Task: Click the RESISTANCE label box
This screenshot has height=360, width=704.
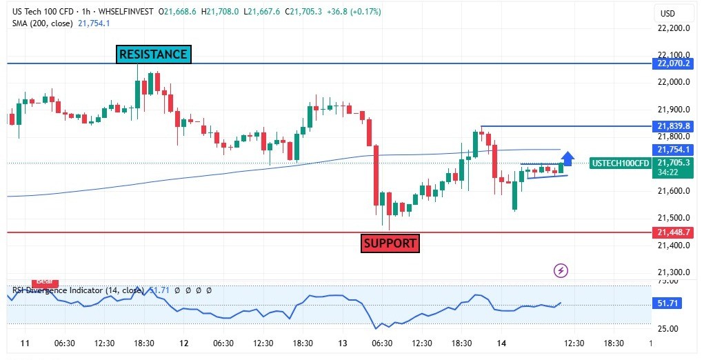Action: pyautogui.click(x=153, y=54)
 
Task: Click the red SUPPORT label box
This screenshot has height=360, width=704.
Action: pyautogui.click(x=390, y=243)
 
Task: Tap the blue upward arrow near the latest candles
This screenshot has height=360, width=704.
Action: pyautogui.click(x=568, y=159)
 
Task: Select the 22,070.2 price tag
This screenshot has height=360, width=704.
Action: pyautogui.click(x=674, y=63)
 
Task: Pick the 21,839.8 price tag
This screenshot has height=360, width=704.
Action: pyautogui.click(x=674, y=126)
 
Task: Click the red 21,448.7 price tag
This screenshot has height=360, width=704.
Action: pyautogui.click(x=674, y=233)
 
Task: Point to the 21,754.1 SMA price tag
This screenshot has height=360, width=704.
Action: pyautogui.click(x=674, y=150)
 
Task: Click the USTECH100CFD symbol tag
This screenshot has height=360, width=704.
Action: pyautogui.click(x=620, y=163)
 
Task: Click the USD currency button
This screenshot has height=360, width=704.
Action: pyautogui.click(x=667, y=14)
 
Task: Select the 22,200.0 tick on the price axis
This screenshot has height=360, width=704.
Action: pyautogui.click(x=674, y=28)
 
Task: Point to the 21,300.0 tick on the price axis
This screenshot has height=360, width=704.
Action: pyautogui.click(x=674, y=272)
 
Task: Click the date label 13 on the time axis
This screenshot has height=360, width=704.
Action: pyautogui.click(x=342, y=343)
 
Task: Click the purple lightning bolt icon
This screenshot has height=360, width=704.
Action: pyautogui.click(x=561, y=271)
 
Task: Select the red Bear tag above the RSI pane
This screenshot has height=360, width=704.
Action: pyautogui.click(x=45, y=281)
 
